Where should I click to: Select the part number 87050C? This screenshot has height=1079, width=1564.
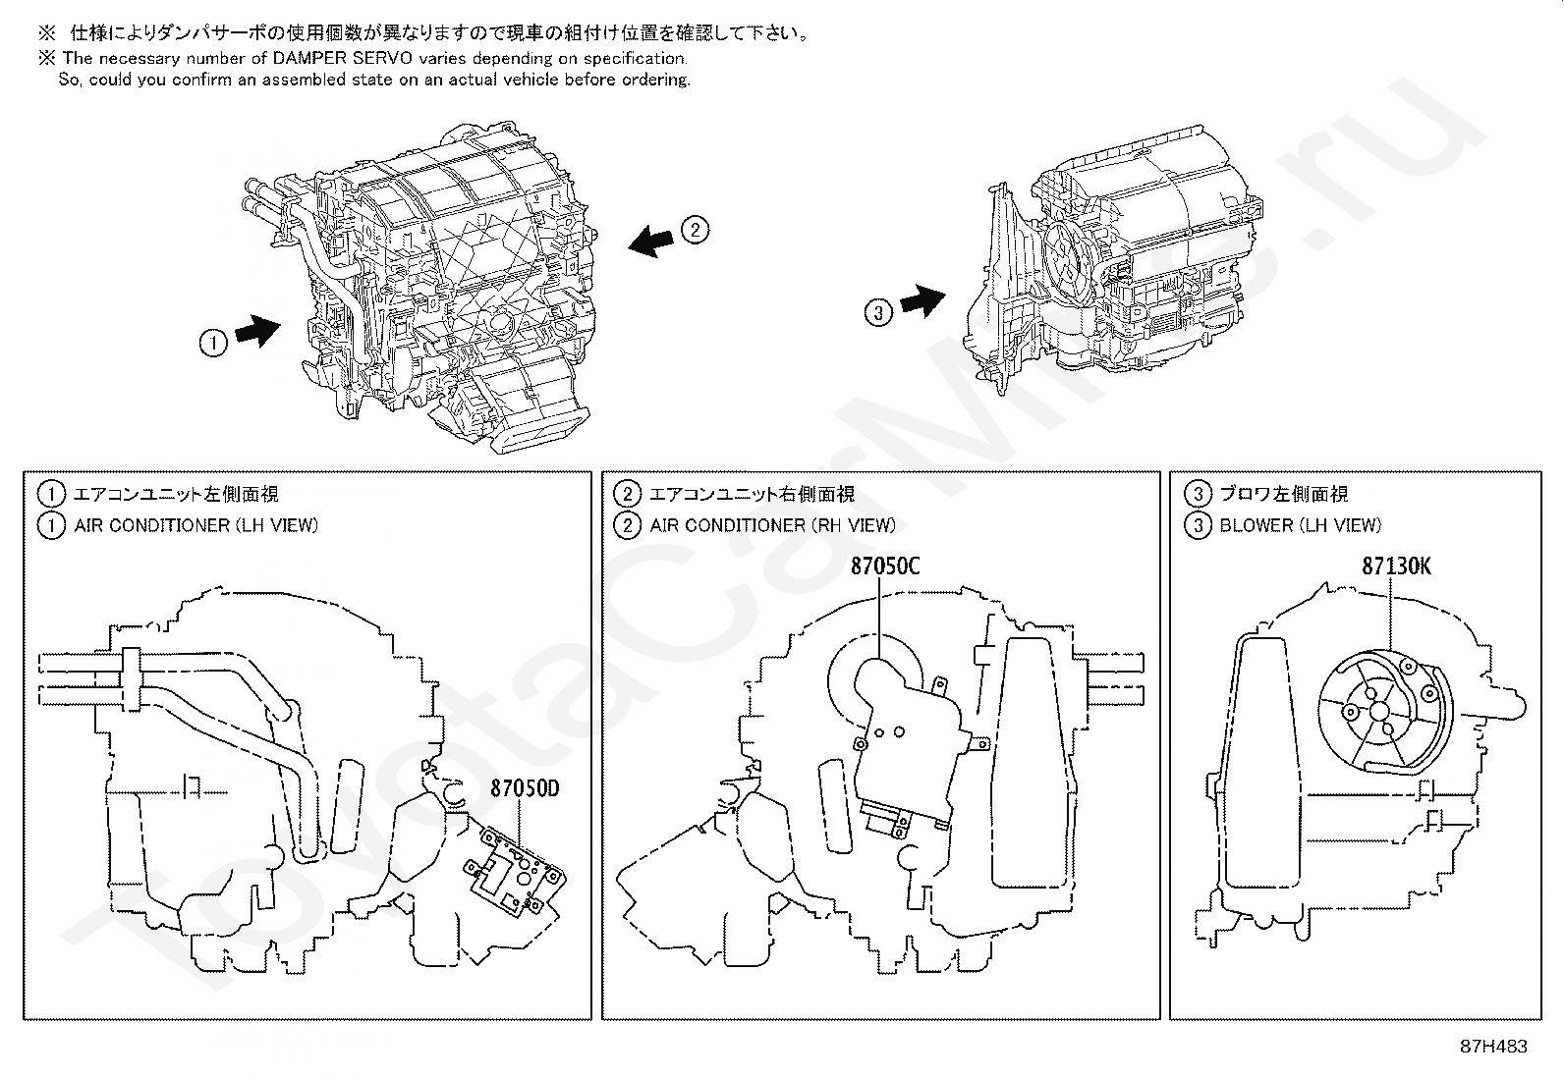pyautogui.click(x=885, y=566)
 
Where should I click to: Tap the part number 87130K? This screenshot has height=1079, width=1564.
pyautogui.click(x=1396, y=566)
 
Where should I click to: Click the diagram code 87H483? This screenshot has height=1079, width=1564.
pyautogui.click(x=1493, y=1047)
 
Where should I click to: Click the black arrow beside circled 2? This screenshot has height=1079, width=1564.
pyautogui.click(x=652, y=240)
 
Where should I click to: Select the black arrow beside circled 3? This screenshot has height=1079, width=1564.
pyautogui.click(x=922, y=300)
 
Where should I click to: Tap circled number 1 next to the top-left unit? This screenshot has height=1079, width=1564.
pyautogui.click(x=213, y=343)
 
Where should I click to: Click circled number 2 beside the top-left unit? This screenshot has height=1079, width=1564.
pyautogui.click(x=695, y=231)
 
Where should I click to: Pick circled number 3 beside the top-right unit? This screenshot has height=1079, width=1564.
pyautogui.click(x=878, y=313)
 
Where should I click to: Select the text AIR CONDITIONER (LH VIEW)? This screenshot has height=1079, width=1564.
pyautogui.click(x=196, y=525)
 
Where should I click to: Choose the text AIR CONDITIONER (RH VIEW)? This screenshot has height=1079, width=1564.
pyautogui.click(x=772, y=525)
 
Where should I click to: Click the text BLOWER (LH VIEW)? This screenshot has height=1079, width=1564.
pyautogui.click(x=1300, y=525)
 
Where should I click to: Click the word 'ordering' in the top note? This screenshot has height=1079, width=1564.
pyautogui.click(x=654, y=80)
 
